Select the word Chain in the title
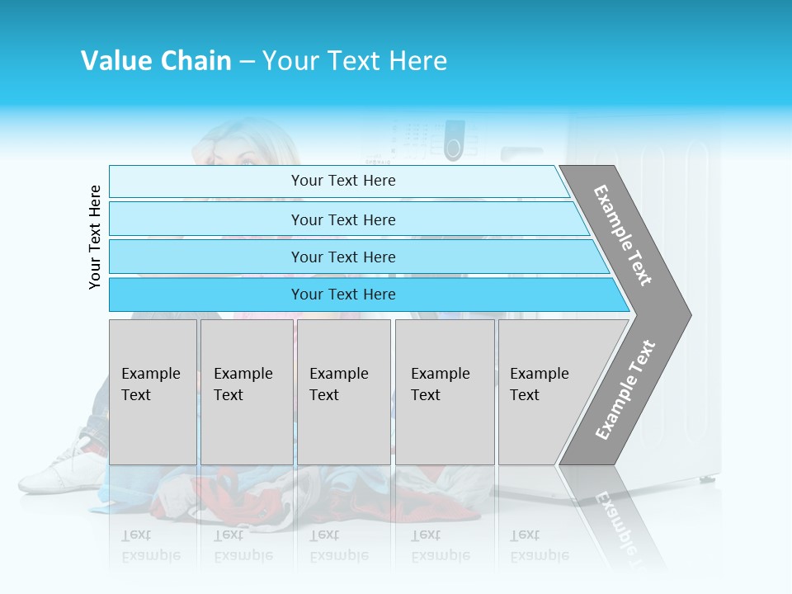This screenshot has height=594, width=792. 196,61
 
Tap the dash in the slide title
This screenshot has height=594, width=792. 247,62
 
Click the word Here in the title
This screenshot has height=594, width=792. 417,61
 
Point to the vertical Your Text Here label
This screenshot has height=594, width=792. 95,237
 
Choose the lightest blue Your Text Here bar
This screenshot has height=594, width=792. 338,181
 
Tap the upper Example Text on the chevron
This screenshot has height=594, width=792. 623,235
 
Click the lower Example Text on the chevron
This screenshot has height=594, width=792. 625,390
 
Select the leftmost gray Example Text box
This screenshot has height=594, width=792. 153,392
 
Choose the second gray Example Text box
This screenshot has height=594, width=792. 246,392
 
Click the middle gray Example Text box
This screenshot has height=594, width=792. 343,392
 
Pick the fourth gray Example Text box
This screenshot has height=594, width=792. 445,392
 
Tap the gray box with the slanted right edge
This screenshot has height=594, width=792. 553,392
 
